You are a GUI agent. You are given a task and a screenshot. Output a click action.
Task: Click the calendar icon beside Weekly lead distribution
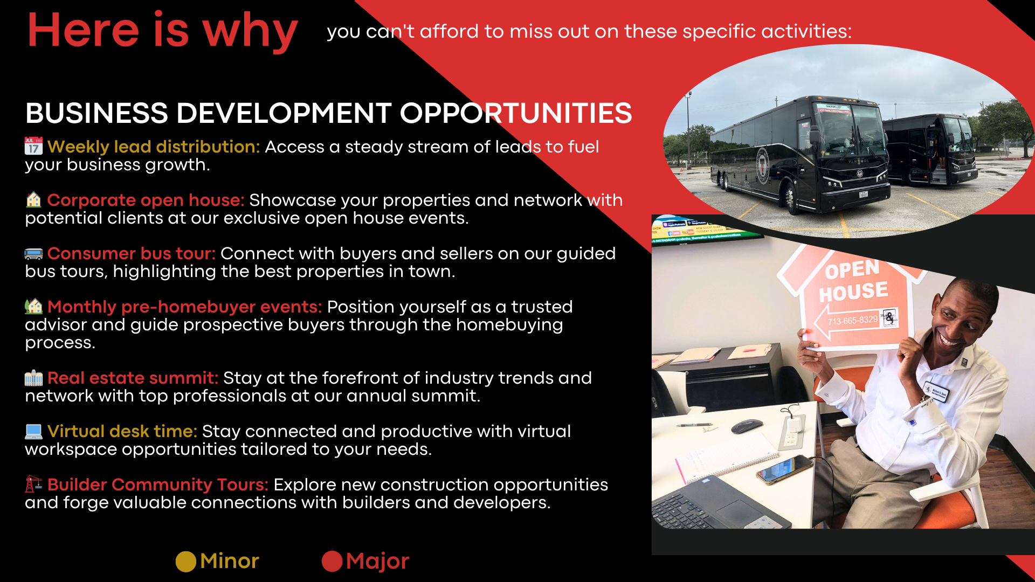(33, 146)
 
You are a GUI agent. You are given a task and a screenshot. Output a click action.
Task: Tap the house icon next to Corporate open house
(33, 200)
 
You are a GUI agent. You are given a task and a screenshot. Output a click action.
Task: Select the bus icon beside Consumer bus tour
(33, 254)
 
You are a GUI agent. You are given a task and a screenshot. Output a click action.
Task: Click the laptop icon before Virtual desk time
(33, 431)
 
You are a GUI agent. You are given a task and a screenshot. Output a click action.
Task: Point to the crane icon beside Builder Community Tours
(33, 484)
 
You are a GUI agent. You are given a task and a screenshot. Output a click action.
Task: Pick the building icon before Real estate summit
(33, 378)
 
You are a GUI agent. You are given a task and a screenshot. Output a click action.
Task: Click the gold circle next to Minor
(186, 562)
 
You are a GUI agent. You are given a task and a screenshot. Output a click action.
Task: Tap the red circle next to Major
(332, 562)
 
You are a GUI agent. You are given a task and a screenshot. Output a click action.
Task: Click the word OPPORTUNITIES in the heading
(516, 113)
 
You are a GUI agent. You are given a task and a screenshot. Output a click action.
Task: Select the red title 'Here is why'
(162, 31)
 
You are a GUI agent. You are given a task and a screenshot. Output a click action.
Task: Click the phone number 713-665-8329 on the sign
(853, 321)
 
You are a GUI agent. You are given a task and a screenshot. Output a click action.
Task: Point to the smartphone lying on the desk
(785, 469)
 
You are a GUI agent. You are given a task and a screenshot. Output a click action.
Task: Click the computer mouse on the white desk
(747, 426)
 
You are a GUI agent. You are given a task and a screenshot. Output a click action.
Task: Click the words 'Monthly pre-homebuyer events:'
(185, 307)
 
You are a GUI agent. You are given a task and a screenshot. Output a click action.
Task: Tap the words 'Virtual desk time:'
(122, 431)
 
